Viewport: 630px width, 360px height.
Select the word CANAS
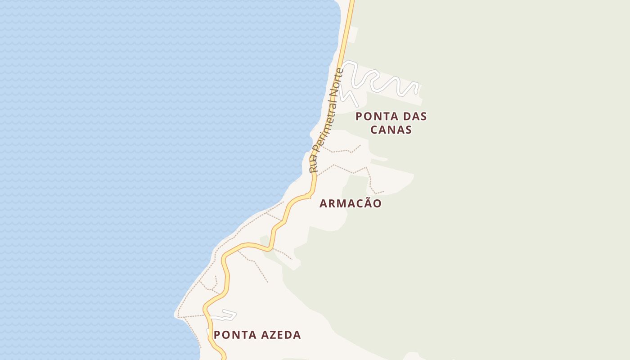(x=391, y=130)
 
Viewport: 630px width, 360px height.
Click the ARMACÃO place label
(x=351, y=203)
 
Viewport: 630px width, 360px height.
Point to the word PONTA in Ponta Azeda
(x=234, y=335)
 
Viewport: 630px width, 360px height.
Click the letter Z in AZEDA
(x=271, y=335)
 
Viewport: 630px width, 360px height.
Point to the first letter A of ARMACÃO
(x=323, y=204)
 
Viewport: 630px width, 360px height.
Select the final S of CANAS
(x=408, y=130)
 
